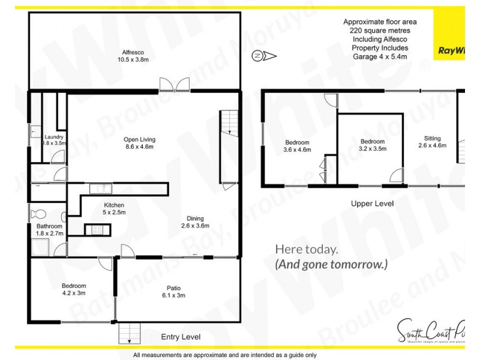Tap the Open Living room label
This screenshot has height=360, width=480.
click(x=139, y=139)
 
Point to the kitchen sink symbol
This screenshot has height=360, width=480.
click(x=101, y=189)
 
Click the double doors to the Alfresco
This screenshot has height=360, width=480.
click(x=173, y=85)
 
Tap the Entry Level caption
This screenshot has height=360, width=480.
click(x=181, y=337)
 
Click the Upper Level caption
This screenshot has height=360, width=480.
click(x=372, y=204)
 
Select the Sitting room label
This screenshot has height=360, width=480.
click(x=432, y=137)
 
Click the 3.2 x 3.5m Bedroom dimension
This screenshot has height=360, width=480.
click(x=373, y=149)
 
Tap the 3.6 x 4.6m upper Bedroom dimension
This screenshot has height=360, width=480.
click(x=297, y=150)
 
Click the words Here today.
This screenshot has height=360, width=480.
click(x=306, y=249)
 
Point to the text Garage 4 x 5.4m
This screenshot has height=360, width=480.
click(x=380, y=56)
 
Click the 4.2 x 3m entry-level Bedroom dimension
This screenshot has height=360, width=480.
click(x=74, y=293)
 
